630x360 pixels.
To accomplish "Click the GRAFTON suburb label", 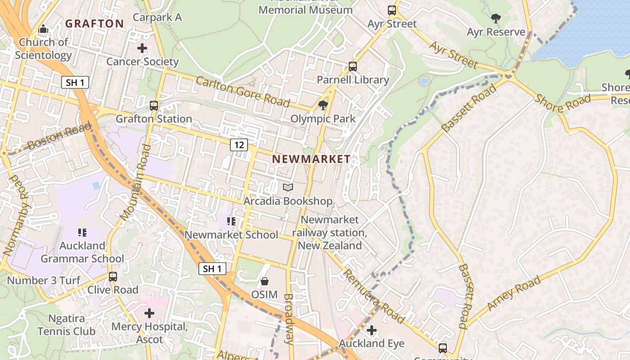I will coord(94,23).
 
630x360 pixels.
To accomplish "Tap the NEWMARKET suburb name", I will coord(311,159).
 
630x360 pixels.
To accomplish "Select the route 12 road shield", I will coord(239,145).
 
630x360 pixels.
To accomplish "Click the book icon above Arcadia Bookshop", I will coord(288,187).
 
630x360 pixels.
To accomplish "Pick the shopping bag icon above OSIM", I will coord(265,281).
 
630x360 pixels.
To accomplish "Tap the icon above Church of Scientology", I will coord(43,29).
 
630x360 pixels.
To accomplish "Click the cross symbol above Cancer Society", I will coord(142,48).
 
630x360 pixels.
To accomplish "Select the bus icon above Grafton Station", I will coord(154,106).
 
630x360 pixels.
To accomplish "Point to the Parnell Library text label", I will coord(353,80).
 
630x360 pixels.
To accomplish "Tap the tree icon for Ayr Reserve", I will coord(496,18).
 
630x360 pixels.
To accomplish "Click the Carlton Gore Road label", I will coord(243,92).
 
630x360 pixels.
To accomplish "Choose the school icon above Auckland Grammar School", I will coord(82,233).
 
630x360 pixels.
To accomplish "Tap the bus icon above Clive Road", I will coord(113,276).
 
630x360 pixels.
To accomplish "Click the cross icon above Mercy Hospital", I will coord(149,313).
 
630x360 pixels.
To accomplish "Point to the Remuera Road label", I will coord(373,296).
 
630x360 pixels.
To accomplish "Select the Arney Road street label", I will coord(514,293).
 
